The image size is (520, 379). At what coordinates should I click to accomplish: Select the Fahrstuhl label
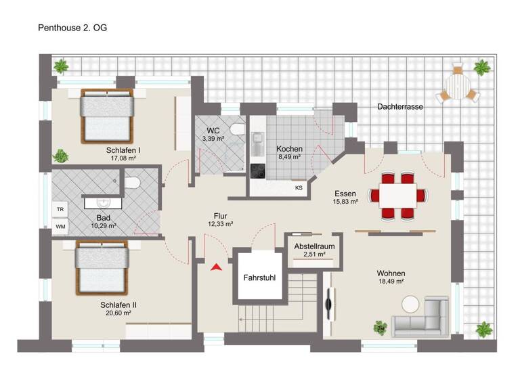tap(259, 277)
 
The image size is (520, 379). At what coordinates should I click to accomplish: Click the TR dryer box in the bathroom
tap(60, 210)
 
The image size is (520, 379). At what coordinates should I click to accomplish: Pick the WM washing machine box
tap(60, 226)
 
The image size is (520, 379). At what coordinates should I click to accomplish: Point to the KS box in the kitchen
tap(299, 188)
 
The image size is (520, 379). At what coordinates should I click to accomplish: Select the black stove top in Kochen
tap(258, 171)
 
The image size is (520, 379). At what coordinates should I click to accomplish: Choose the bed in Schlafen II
tap(101, 265)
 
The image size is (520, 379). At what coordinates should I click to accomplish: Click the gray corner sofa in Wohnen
tap(422, 318)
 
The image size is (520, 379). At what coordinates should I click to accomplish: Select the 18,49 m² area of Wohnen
tap(391, 281)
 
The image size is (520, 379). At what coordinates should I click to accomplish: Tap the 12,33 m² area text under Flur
tap(220, 224)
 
